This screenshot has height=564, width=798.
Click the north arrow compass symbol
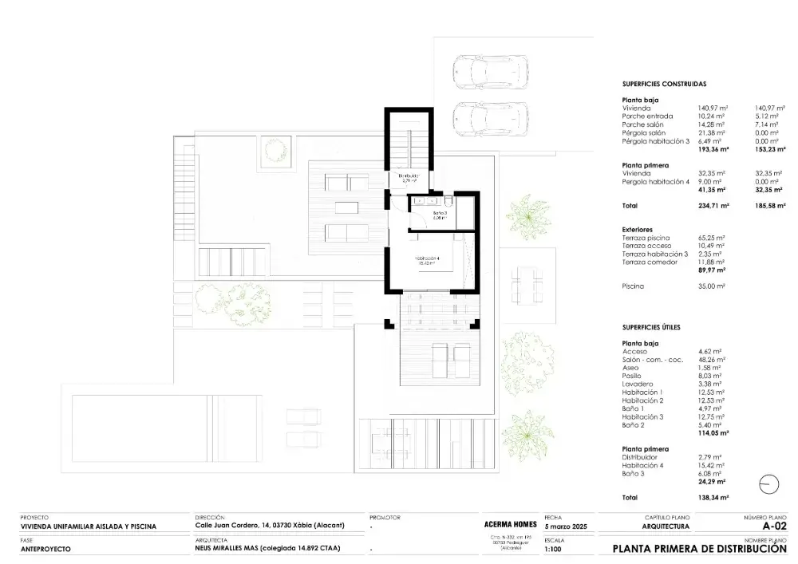click(769, 484)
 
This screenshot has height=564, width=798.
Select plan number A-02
click(774, 526)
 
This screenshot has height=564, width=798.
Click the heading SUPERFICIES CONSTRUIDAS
click(664, 83)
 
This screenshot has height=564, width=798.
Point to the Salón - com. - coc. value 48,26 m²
click(712, 360)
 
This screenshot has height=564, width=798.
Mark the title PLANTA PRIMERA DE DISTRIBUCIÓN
click(699, 549)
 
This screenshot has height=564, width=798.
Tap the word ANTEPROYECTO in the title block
click(45, 549)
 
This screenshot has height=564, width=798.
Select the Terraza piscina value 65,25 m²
click(712, 238)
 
